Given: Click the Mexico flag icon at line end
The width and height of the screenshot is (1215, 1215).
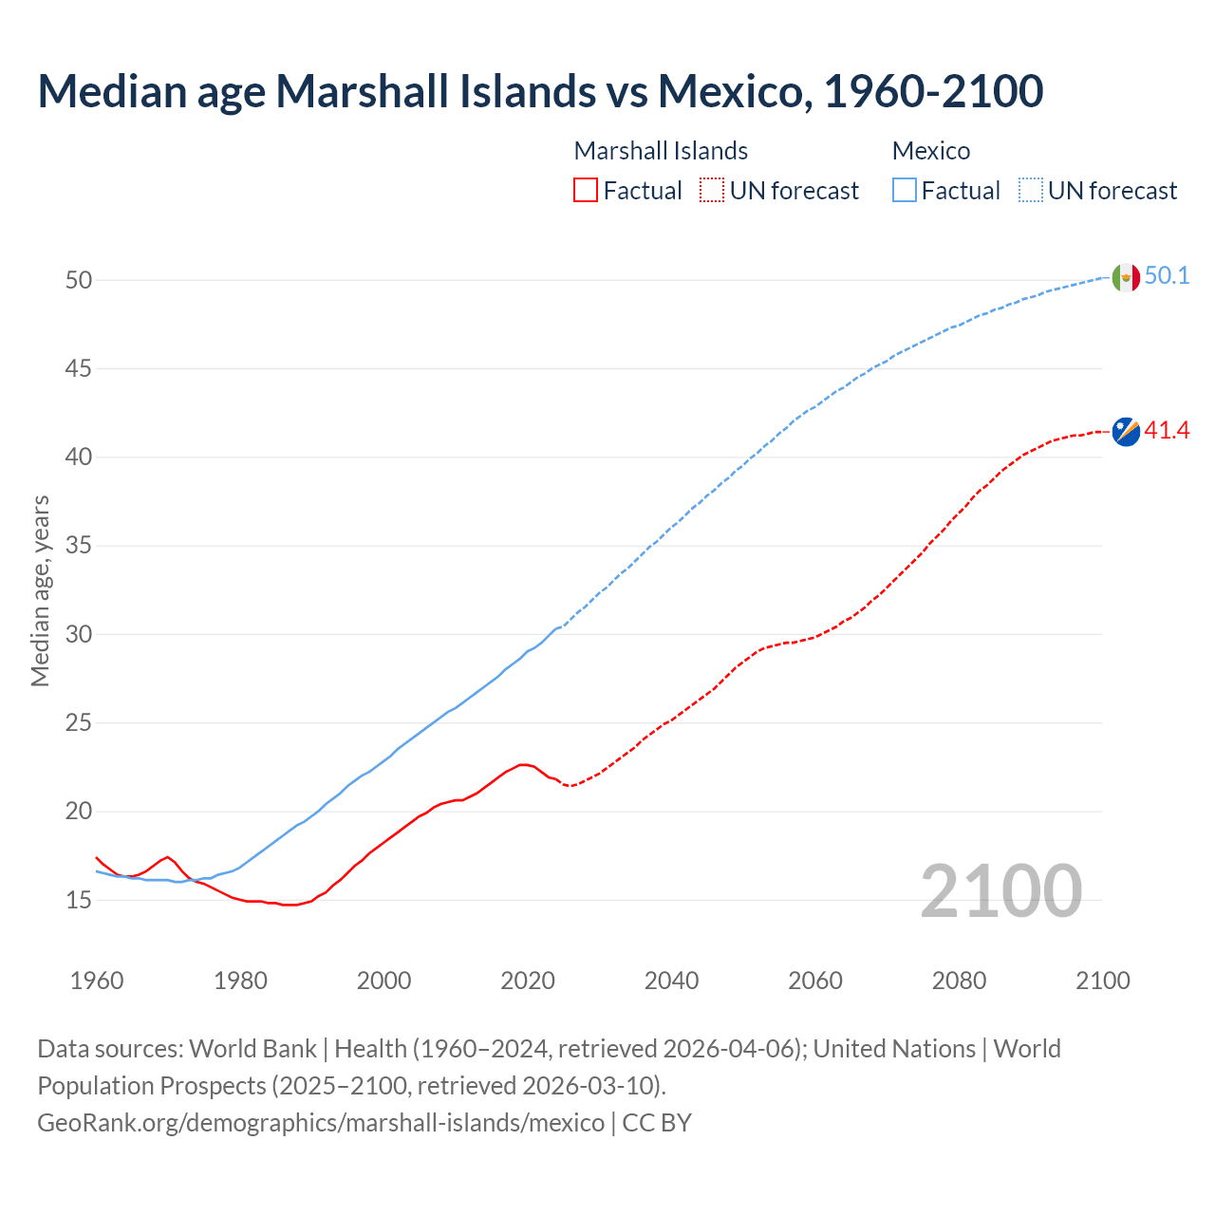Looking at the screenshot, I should click(1126, 277).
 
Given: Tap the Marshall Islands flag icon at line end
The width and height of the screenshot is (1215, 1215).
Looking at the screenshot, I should click(1126, 431).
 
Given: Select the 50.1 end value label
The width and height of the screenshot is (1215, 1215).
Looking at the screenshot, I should click(1167, 276).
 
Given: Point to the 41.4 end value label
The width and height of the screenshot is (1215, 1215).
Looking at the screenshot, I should click(1167, 431).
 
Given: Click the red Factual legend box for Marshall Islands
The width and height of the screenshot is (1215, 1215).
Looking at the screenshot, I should click(586, 191).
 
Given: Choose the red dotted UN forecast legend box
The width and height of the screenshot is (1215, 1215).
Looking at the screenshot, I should click(712, 191).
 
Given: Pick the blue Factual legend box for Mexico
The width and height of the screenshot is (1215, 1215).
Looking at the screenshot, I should click(905, 191).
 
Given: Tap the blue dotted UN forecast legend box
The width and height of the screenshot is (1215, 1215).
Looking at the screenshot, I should click(1031, 191).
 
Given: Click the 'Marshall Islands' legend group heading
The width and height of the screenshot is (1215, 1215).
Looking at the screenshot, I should click(661, 151).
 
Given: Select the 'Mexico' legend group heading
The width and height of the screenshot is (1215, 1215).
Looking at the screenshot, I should click(931, 151).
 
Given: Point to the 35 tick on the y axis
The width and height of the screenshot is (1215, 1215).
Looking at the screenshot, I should click(79, 546).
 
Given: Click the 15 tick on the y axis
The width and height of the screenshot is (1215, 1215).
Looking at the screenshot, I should click(79, 900).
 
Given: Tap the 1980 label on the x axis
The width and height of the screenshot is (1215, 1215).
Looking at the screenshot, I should click(240, 981).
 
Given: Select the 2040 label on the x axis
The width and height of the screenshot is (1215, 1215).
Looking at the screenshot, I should click(671, 981).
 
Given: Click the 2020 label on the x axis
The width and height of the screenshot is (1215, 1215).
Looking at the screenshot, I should click(528, 981).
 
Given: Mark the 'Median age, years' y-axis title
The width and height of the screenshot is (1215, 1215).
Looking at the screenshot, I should click(40, 590).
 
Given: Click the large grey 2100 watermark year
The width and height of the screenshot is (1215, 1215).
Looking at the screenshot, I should click(1001, 890).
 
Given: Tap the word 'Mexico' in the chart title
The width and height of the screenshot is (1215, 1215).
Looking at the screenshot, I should click(734, 91).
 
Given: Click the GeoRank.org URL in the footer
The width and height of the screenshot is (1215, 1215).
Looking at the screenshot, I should click(321, 1123).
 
